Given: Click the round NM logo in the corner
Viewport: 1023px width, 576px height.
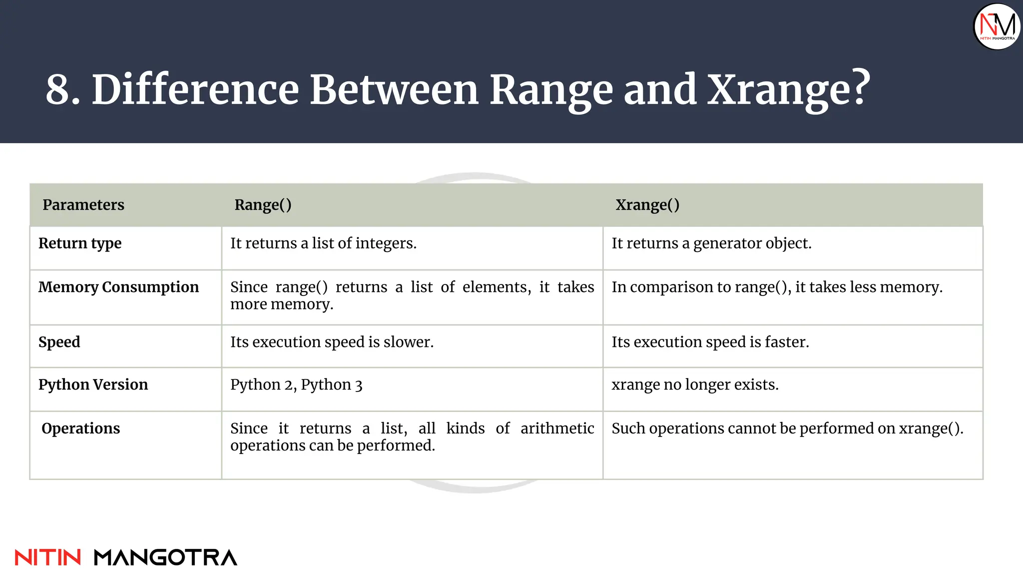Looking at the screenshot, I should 997,26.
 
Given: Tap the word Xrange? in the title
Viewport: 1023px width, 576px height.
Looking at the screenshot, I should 789,90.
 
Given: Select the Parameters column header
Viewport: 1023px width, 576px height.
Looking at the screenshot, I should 83,205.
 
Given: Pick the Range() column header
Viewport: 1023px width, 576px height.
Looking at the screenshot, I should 263,205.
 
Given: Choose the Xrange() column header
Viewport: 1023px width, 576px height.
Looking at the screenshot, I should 647,205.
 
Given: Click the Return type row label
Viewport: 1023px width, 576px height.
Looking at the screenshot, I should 80,243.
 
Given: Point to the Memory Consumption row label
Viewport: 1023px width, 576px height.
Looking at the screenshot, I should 118,287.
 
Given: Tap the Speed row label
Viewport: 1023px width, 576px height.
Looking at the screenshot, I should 59,342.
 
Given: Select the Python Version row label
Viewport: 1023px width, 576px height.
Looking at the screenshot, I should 93,384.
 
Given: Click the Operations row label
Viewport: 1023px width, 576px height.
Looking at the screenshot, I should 80,428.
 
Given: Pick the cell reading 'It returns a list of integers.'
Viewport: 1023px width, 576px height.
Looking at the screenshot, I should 323,243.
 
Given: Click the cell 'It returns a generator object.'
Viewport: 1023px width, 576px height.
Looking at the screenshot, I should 711,243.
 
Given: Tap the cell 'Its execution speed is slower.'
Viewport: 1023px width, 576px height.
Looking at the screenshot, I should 332,342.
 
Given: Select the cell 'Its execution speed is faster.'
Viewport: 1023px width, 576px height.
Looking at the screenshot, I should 710,342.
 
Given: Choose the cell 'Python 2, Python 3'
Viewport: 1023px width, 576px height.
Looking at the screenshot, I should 296,384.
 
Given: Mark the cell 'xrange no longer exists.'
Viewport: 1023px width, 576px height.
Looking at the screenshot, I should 695,384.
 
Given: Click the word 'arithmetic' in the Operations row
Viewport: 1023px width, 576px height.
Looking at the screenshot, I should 557,428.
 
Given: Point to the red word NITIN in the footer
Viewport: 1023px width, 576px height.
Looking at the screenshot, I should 48,557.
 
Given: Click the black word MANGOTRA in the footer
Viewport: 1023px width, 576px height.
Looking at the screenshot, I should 165,557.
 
